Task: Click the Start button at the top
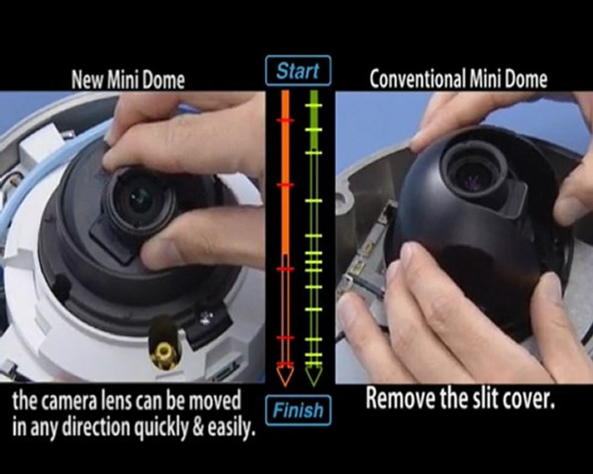[298, 70]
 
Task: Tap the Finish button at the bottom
[298, 410]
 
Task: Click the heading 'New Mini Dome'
[128, 80]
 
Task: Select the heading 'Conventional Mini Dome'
[459, 80]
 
